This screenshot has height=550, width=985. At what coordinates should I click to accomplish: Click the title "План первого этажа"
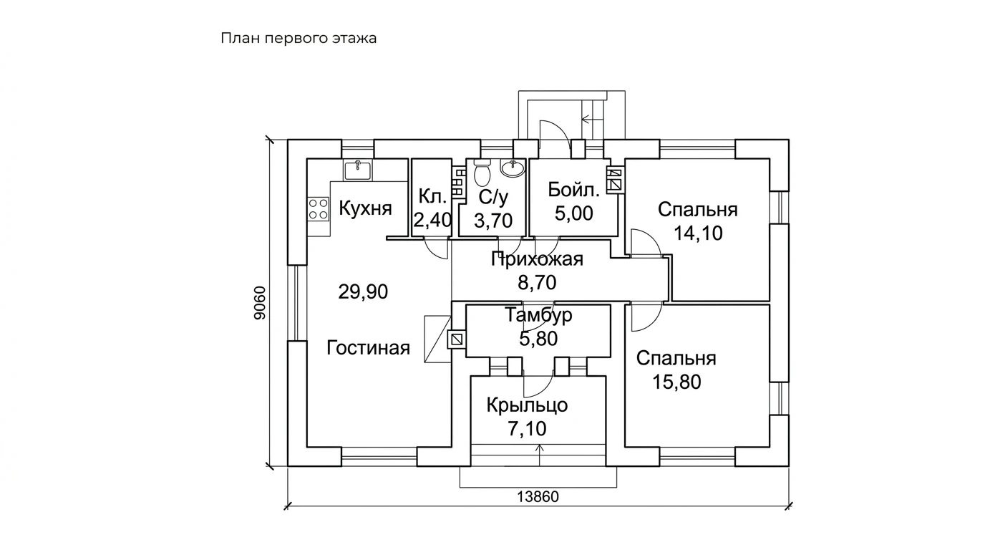[x=299, y=39]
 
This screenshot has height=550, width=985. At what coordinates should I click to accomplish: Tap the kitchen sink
[x=358, y=170]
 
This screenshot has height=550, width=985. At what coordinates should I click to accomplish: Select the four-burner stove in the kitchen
[x=318, y=209]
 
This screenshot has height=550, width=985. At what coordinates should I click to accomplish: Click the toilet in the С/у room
[x=482, y=173]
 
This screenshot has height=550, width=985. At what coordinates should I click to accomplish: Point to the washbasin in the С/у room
[x=513, y=168]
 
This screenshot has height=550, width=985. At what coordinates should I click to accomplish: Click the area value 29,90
[x=363, y=291]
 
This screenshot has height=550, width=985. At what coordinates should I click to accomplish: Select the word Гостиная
[x=369, y=348]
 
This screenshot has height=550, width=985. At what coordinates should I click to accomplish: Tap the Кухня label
[x=365, y=208]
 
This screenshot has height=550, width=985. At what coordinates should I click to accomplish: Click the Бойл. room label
[x=574, y=190]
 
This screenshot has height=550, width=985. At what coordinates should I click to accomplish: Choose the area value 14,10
[x=698, y=233]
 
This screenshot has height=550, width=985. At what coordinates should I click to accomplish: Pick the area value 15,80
[x=676, y=382]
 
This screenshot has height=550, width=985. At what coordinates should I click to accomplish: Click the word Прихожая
[x=537, y=259]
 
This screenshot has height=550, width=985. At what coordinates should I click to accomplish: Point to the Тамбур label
[x=538, y=315]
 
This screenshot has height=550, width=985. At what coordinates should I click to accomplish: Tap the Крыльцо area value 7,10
[x=528, y=428]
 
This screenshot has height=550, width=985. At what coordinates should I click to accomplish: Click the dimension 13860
[x=538, y=497]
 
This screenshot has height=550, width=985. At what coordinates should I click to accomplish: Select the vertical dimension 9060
[x=260, y=303]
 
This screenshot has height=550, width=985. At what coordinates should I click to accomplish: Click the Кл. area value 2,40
[x=432, y=220]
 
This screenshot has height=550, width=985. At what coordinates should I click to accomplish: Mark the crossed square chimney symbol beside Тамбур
[x=457, y=339]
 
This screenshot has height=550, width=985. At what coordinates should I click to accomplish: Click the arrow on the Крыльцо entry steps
[x=540, y=455]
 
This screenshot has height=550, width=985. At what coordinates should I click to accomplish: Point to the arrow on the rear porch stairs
[x=591, y=118]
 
